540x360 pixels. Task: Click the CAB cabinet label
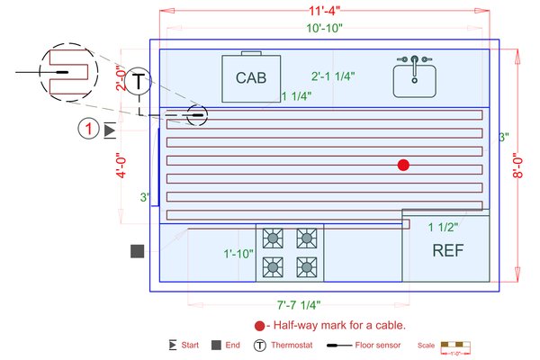click(x=252, y=78)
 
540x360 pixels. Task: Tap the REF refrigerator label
click(x=447, y=250)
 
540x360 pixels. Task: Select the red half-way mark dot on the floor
click(x=403, y=165)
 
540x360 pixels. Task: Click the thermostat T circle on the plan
click(x=137, y=81)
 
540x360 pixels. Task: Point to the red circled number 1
click(x=88, y=130)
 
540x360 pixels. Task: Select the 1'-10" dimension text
click(x=238, y=254)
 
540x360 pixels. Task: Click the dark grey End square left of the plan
click(x=138, y=251)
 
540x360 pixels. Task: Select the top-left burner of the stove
click(x=272, y=238)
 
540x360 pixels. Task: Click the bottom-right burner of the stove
click(x=307, y=266)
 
